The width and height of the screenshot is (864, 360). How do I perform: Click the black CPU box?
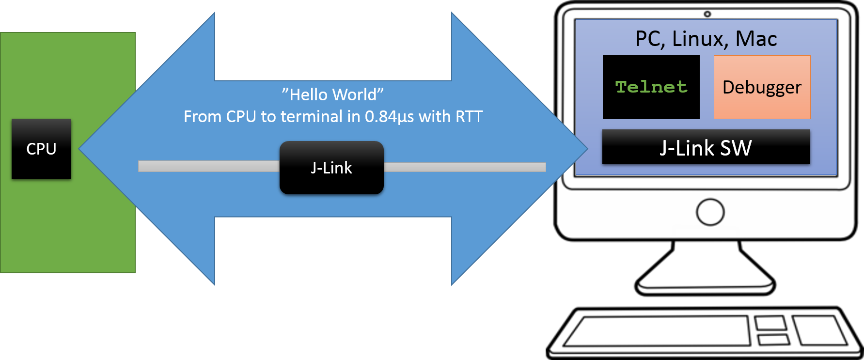(41, 149)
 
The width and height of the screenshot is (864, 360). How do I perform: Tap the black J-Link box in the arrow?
(331, 168)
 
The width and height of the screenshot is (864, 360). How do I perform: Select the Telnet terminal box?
(651, 87)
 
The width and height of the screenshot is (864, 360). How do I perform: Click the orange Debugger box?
(762, 87)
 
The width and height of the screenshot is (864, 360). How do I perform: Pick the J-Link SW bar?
(706, 147)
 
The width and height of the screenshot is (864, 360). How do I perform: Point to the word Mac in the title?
(756, 39)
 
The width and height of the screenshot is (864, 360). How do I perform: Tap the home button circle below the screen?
(710, 212)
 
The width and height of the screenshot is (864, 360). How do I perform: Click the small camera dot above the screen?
(707, 14)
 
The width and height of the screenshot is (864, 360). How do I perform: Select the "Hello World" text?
(333, 94)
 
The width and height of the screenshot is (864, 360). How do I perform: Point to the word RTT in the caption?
(469, 117)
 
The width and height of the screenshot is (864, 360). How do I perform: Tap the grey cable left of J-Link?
(208, 166)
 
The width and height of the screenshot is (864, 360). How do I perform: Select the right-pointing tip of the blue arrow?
(583, 149)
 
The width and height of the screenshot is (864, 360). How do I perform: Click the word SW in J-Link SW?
(736, 148)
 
